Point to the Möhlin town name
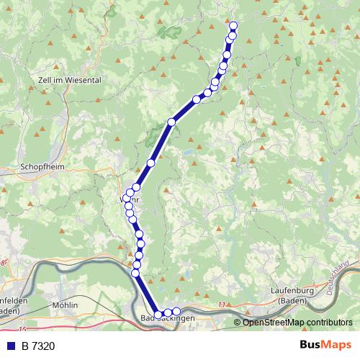pyautogui.click(x=65, y=305)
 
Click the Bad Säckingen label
pyautogui.click(x=168, y=318)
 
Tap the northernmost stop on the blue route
pyautogui.click(x=233, y=27)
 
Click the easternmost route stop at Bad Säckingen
pyautogui.click(x=176, y=312)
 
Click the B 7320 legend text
pyautogui.click(x=38, y=346)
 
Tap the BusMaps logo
pyautogui.click(x=325, y=346)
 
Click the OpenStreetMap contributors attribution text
pyautogui.click(x=297, y=323)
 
